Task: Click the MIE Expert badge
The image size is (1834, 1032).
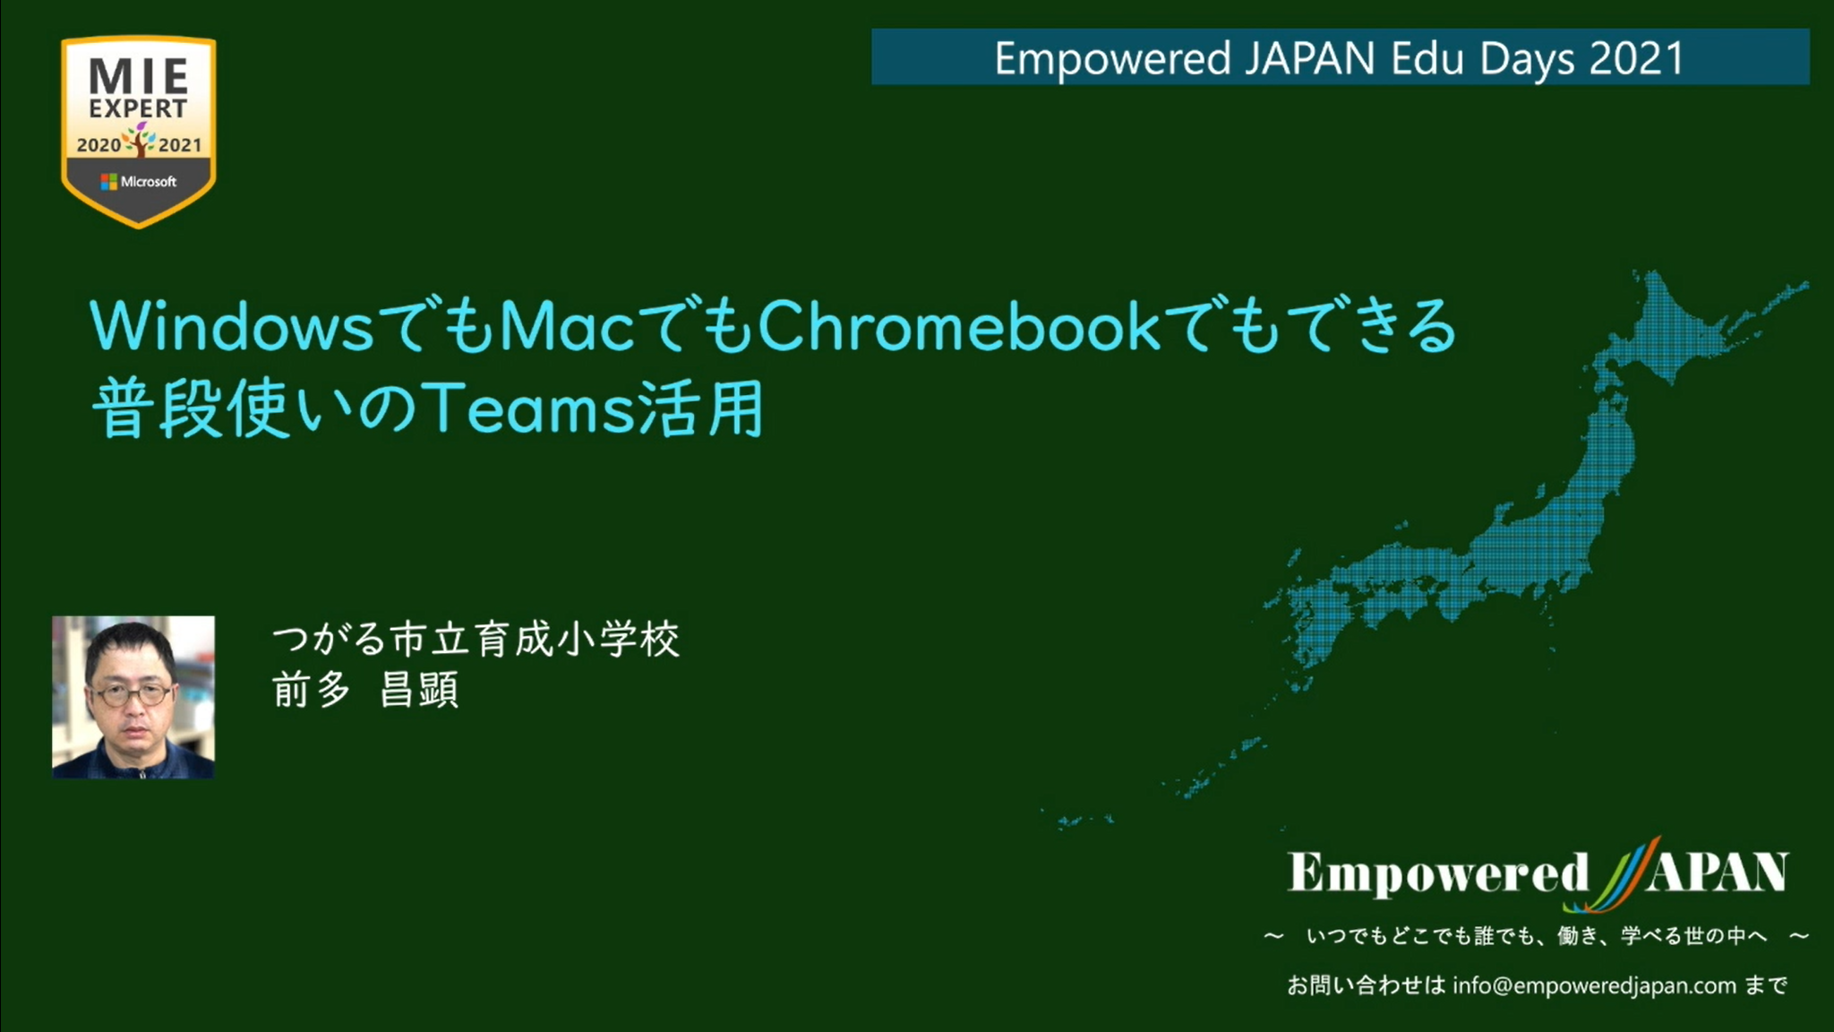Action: [139, 131]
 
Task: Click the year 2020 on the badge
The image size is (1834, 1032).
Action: [99, 145]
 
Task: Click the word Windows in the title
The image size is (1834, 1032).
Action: [232, 327]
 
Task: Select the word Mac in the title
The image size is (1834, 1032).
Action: [568, 327]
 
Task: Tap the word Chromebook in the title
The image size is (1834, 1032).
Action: [960, 325]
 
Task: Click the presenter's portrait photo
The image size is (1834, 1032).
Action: [133, 697]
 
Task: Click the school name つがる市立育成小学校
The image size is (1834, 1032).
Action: [476, 640]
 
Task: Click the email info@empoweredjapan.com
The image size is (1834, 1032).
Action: [1594, 986]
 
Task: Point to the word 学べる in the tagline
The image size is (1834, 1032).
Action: [1651, 936]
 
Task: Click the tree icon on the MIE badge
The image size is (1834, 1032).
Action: [140, 140]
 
